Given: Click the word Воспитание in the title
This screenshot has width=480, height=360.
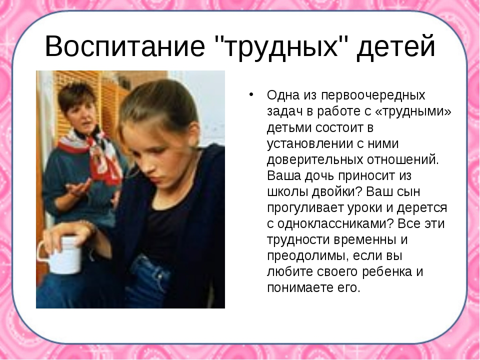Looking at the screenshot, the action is tap(124, 46).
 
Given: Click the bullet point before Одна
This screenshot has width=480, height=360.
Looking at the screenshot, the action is tap(251, 94).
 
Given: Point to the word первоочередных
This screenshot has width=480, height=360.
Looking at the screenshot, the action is tap(373, 95).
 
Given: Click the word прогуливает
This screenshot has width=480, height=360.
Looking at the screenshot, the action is tap(305, 208).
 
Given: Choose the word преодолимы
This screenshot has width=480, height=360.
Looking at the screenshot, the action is tap(307, 256).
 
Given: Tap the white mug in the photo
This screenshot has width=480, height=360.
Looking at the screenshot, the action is tap(63, 254).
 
